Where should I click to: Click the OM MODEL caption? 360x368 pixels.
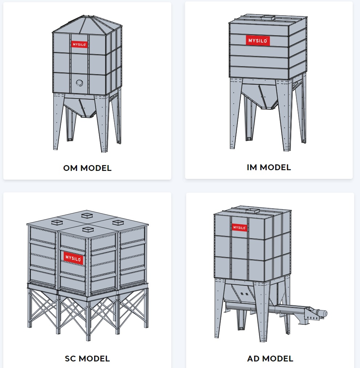coord(87,168)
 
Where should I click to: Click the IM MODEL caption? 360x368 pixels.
coord(269,167)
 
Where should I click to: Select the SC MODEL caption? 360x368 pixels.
coord(87,359)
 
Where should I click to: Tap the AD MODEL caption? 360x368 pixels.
coord(270,359)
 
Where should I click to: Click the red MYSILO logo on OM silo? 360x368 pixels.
coord(79,44)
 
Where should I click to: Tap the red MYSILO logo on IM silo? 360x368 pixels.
coord(258,41)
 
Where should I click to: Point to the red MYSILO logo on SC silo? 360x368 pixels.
coord(73,258)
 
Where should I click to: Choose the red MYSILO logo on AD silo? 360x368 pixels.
coord(239,227)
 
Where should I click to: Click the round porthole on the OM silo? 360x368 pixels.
coord(80,83)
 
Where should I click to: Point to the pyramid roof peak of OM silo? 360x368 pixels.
coord(84,16)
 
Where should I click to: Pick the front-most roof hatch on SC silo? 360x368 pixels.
coord(88,229)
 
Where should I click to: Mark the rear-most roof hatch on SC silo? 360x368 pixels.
coord(87,215)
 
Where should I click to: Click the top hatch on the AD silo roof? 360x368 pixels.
coord(252,211)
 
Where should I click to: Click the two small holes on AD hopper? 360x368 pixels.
coord(244,294)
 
